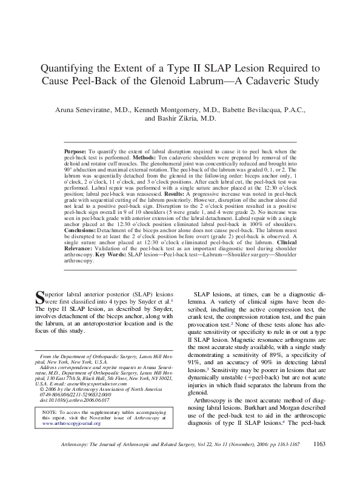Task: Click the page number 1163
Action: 322,461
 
